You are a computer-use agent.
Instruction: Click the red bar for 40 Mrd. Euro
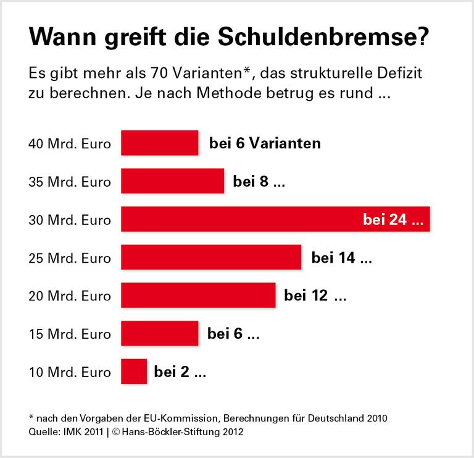(159, 143)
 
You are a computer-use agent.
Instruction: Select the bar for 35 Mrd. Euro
(172, 182)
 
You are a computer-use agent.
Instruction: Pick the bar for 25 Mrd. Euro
(211, 258)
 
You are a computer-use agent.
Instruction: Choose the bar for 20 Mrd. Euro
(198, 296)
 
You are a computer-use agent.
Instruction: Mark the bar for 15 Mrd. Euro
(159, 334)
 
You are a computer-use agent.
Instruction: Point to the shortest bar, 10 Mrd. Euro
(134, 372)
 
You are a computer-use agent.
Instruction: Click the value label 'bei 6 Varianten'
(265, 144)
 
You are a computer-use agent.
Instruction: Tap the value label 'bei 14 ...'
(341, 258)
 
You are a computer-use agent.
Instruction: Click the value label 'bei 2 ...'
(180, 372)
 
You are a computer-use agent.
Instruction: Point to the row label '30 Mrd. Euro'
(70, 221)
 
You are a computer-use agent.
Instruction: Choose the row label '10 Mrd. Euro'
(70, 373)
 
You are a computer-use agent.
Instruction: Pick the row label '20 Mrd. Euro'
(70, 297)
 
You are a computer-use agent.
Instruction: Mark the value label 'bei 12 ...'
(315, 296)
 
